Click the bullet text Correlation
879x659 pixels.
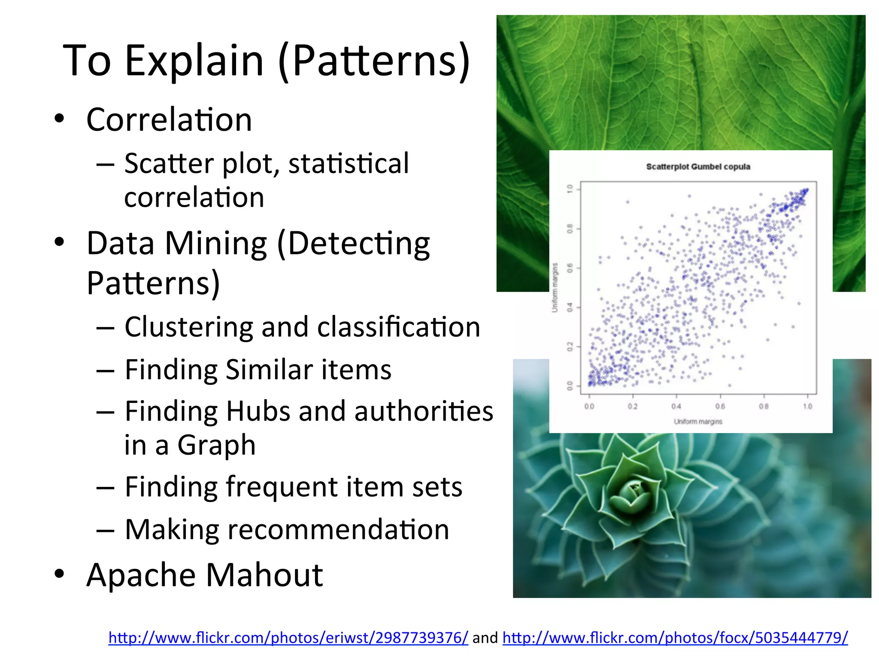point(169,120)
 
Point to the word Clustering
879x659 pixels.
point(188,327)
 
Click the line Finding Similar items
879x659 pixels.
point(258,370)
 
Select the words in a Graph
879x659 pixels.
point(190,445)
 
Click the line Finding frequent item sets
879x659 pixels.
point(293,487)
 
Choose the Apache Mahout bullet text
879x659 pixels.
point(204,575)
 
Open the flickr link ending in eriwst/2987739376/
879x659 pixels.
point(288,638)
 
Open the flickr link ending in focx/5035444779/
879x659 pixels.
point(675,638)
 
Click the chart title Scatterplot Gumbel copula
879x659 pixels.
point(698,166)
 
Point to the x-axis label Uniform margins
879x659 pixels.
point(698,422)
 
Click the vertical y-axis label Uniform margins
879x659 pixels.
point(555,287)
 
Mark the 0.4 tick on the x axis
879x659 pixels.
point(676,406)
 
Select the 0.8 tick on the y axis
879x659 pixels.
point(570,229)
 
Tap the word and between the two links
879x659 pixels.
point(485,638)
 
